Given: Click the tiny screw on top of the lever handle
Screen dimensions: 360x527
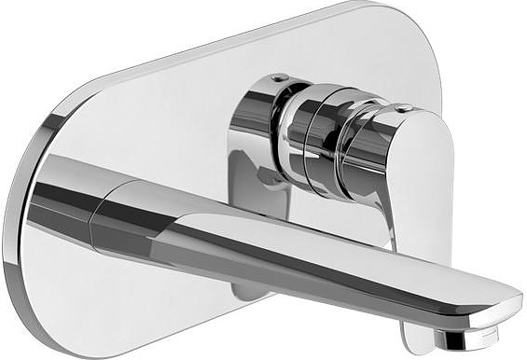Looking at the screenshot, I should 401,108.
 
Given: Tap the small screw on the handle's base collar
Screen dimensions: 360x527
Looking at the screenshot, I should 275,77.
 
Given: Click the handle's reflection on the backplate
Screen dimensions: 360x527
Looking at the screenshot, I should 252,182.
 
